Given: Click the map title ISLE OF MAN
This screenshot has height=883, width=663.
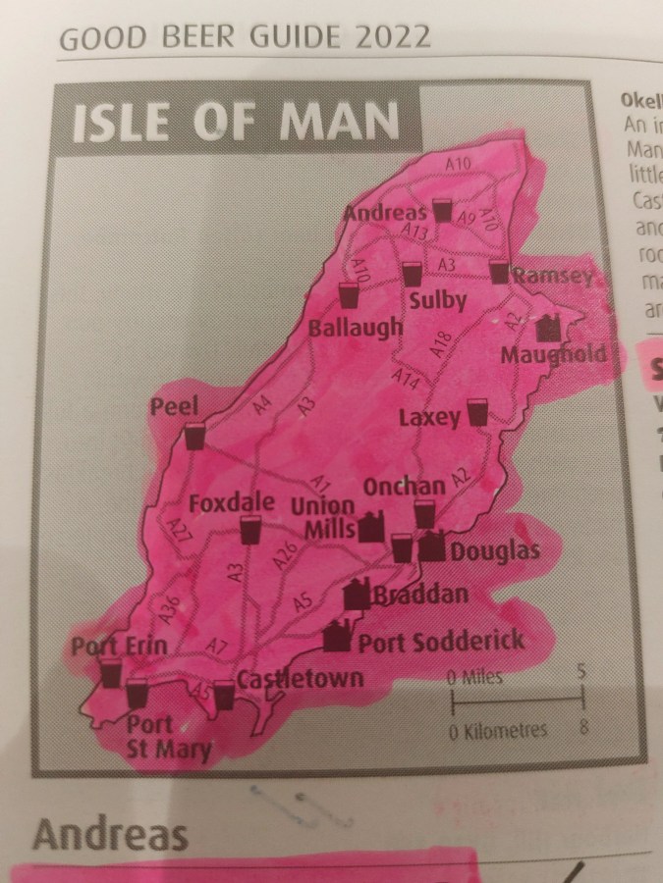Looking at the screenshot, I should [236, 123].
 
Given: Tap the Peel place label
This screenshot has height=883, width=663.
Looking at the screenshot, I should [175, 406].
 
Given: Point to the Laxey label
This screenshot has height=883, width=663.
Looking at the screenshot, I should [429, 418].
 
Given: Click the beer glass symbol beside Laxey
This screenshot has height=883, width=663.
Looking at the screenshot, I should [477, 412].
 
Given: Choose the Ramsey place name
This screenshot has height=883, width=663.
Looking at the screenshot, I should [556, 277].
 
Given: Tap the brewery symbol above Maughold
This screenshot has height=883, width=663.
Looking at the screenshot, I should [546, 327].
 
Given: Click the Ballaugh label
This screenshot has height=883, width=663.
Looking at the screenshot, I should [356, 327].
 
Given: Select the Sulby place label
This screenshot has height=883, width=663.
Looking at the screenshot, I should [436, 300].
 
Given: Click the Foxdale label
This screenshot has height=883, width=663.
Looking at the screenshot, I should [231, 502].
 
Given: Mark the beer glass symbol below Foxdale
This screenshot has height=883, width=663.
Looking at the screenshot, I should [249, 531].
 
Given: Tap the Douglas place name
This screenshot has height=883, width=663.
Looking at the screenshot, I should [494, 551].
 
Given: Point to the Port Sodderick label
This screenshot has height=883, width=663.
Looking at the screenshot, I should [441, 642].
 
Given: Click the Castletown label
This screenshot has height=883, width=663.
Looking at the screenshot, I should [300, 678].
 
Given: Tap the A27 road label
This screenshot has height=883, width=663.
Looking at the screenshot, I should [178, 530].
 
